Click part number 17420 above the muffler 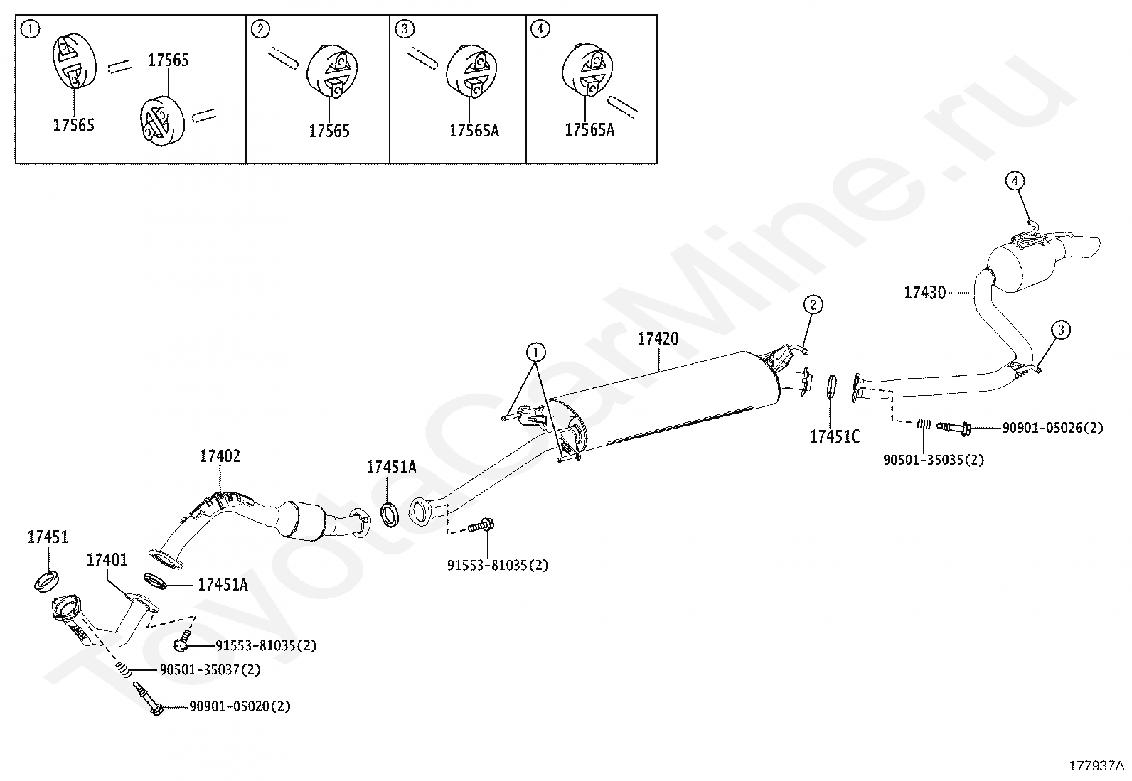(657, 339)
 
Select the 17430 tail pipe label (924, 292)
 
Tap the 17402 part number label (220, 456)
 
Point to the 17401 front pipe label (107, 560)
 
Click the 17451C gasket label (834, 436)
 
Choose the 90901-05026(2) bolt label (1052, 428)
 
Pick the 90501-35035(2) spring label (934, 460)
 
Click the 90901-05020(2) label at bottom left (240, 706)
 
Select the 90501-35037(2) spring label (210, 669)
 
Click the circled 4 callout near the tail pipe (1015, 181)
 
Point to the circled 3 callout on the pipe (1060, 330)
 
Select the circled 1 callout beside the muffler (535, 351)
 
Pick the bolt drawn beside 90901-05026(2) (954, 428)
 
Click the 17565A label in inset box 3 (474, 131)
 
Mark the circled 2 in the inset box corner (261, 29)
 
